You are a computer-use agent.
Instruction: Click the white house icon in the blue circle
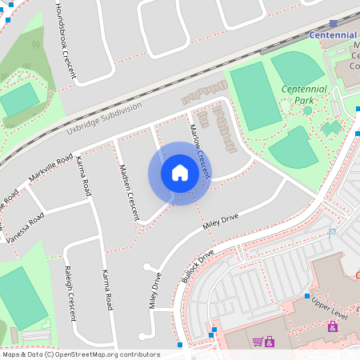180,173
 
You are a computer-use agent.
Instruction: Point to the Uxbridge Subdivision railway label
104,118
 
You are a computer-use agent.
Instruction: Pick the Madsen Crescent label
129,191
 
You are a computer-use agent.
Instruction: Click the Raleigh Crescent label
70,291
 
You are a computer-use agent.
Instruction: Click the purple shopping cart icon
258,342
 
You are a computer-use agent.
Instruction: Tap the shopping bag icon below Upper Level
332,326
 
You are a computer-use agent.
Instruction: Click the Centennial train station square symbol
333,24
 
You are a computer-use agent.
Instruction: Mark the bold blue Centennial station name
333,35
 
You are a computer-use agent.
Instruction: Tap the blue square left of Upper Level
306,296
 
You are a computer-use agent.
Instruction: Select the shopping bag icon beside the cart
270,342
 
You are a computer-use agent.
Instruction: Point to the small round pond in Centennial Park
307,110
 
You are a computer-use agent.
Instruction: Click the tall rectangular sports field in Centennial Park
256,96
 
